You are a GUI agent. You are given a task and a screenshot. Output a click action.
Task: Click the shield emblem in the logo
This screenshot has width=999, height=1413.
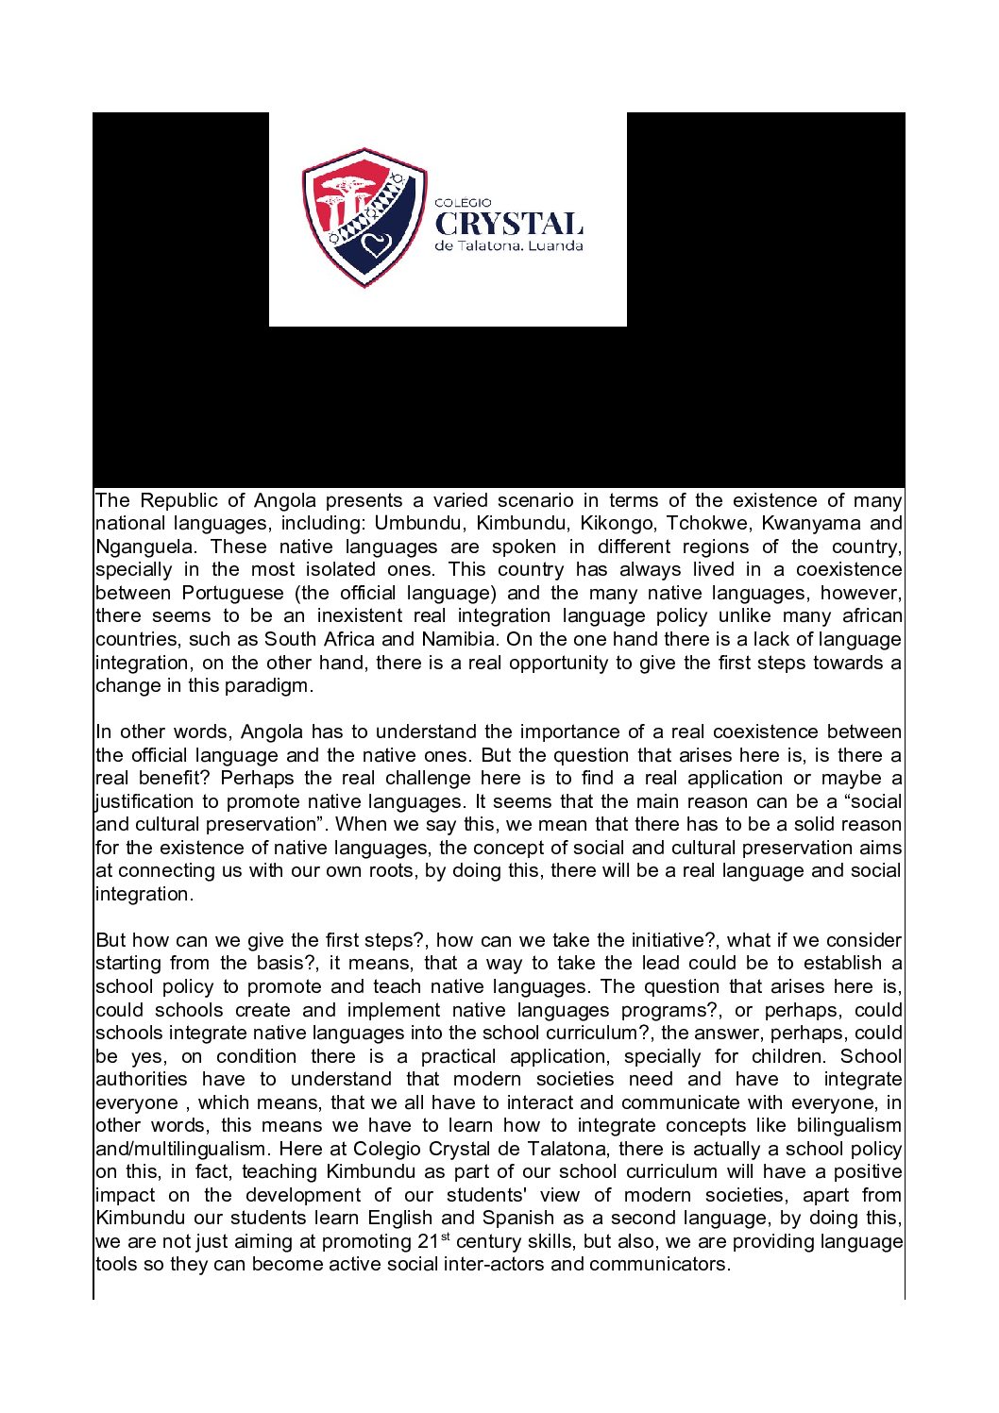coord(364,217)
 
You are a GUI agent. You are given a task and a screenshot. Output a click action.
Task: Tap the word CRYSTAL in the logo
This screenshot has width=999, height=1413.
coord(509,224)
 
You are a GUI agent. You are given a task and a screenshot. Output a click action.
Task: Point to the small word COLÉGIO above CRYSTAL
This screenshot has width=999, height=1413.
coord(463,202)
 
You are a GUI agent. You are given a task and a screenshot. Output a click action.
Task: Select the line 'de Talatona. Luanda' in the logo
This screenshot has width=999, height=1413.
coord(509,246)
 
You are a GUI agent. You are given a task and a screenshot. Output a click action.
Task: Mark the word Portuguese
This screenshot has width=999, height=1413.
coord(232,593)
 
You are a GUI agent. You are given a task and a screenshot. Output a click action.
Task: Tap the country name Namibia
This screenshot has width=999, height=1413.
coord(458,639)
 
